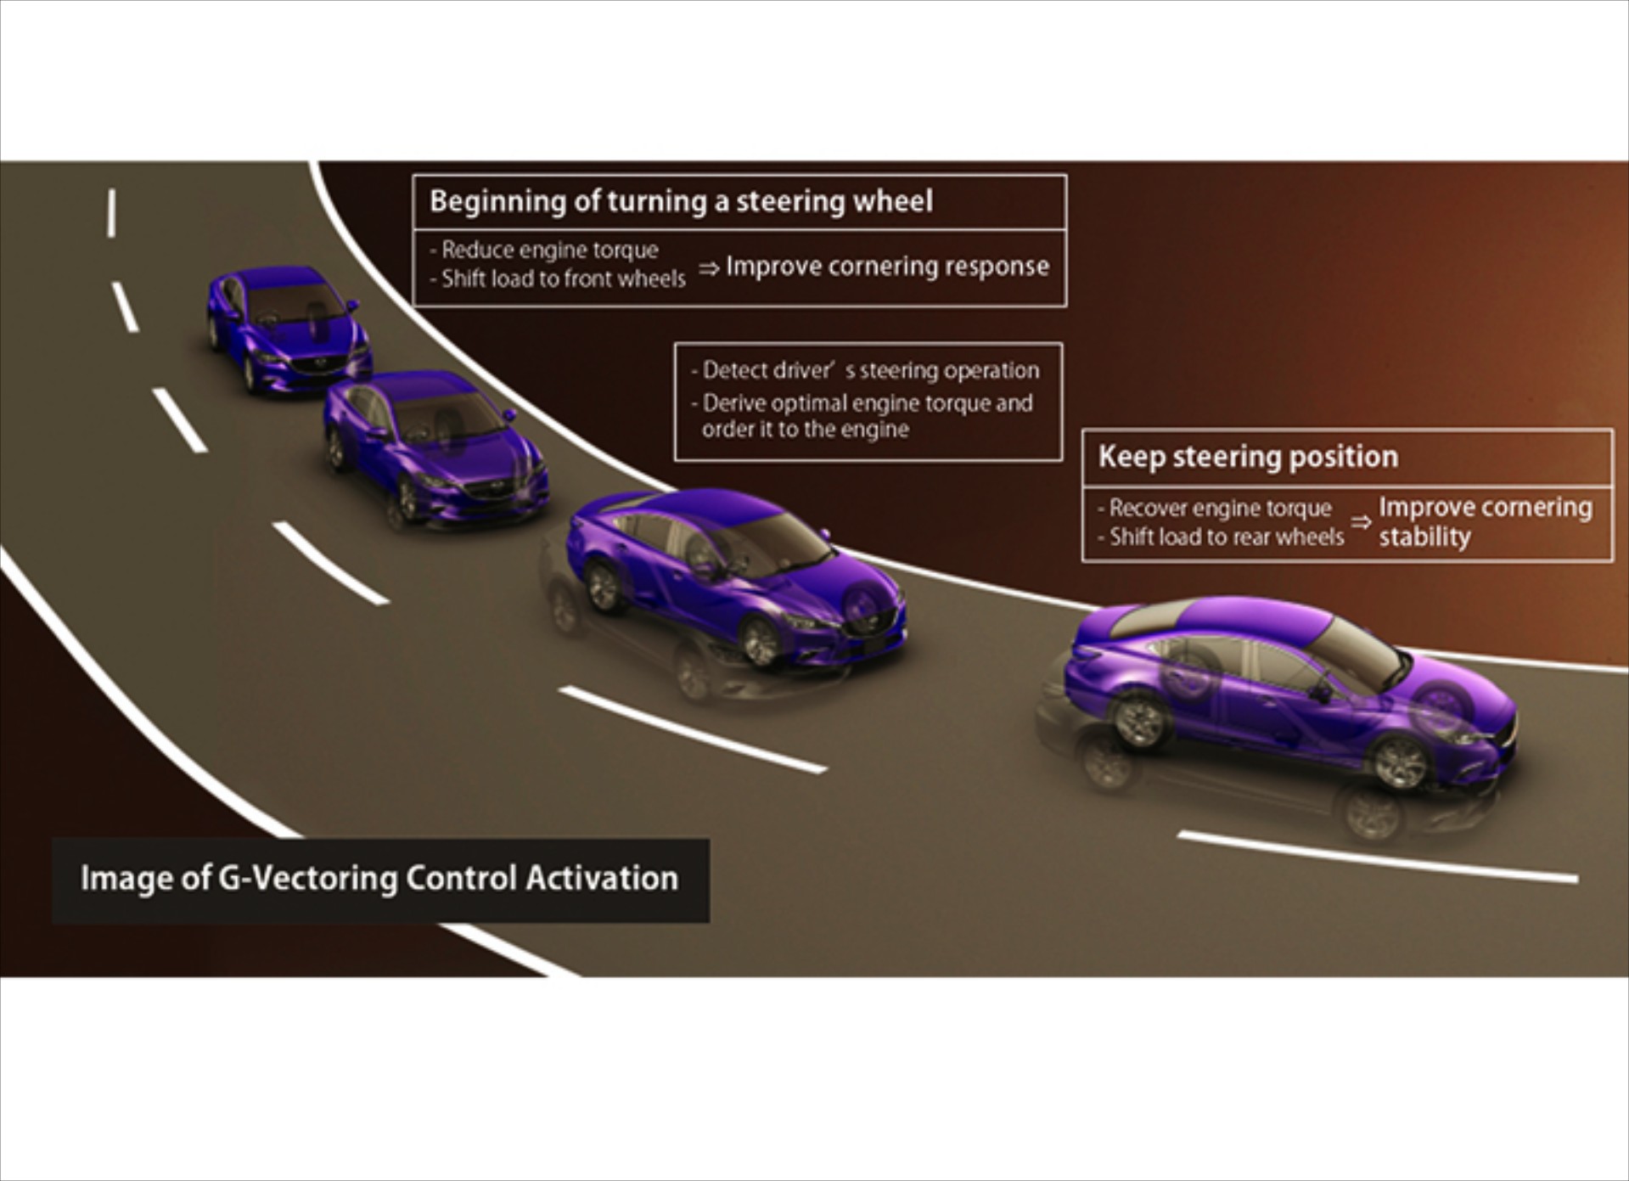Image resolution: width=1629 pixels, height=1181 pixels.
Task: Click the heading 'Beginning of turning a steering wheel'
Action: (681, 201)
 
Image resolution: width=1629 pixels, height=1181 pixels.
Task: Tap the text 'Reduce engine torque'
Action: (549, 250)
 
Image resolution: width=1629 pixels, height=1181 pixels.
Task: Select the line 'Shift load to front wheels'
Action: (563, 278)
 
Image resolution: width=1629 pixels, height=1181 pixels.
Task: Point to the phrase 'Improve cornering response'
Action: (887, 266)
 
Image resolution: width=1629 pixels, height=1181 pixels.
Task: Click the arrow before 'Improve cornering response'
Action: (709, 268)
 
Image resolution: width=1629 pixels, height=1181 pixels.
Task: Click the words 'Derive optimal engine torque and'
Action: (867, 402)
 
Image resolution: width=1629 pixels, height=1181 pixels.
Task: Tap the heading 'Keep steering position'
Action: (1248, 457)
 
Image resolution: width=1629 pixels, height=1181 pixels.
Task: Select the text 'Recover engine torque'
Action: (1220, 508)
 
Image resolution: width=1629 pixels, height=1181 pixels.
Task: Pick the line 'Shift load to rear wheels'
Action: (1227, 537)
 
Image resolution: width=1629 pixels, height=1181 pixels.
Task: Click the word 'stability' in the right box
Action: (1424, 537)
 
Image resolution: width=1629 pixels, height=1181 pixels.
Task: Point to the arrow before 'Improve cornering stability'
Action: (1361, 522)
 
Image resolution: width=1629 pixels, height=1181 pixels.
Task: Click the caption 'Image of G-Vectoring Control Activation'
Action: (379, 879)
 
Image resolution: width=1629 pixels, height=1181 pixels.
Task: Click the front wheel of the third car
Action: (759, 640)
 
